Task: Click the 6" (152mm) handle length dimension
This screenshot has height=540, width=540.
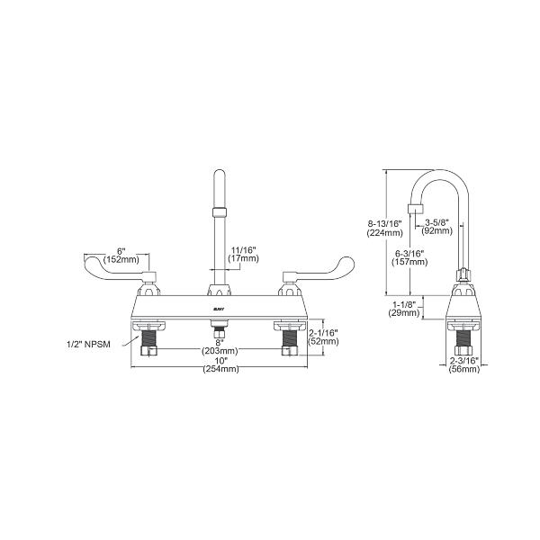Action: pos(120,255)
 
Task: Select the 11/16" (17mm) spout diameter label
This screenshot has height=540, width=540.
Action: pos(244,255)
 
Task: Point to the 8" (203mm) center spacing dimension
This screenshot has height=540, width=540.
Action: pos(220,346)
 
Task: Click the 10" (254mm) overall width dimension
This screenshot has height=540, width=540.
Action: pos(220,365)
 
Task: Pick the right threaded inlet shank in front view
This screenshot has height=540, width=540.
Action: pos(290,339)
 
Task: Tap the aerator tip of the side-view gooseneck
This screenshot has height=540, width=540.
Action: pos(415,213)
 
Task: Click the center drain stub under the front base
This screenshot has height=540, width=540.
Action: pos(217,335)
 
